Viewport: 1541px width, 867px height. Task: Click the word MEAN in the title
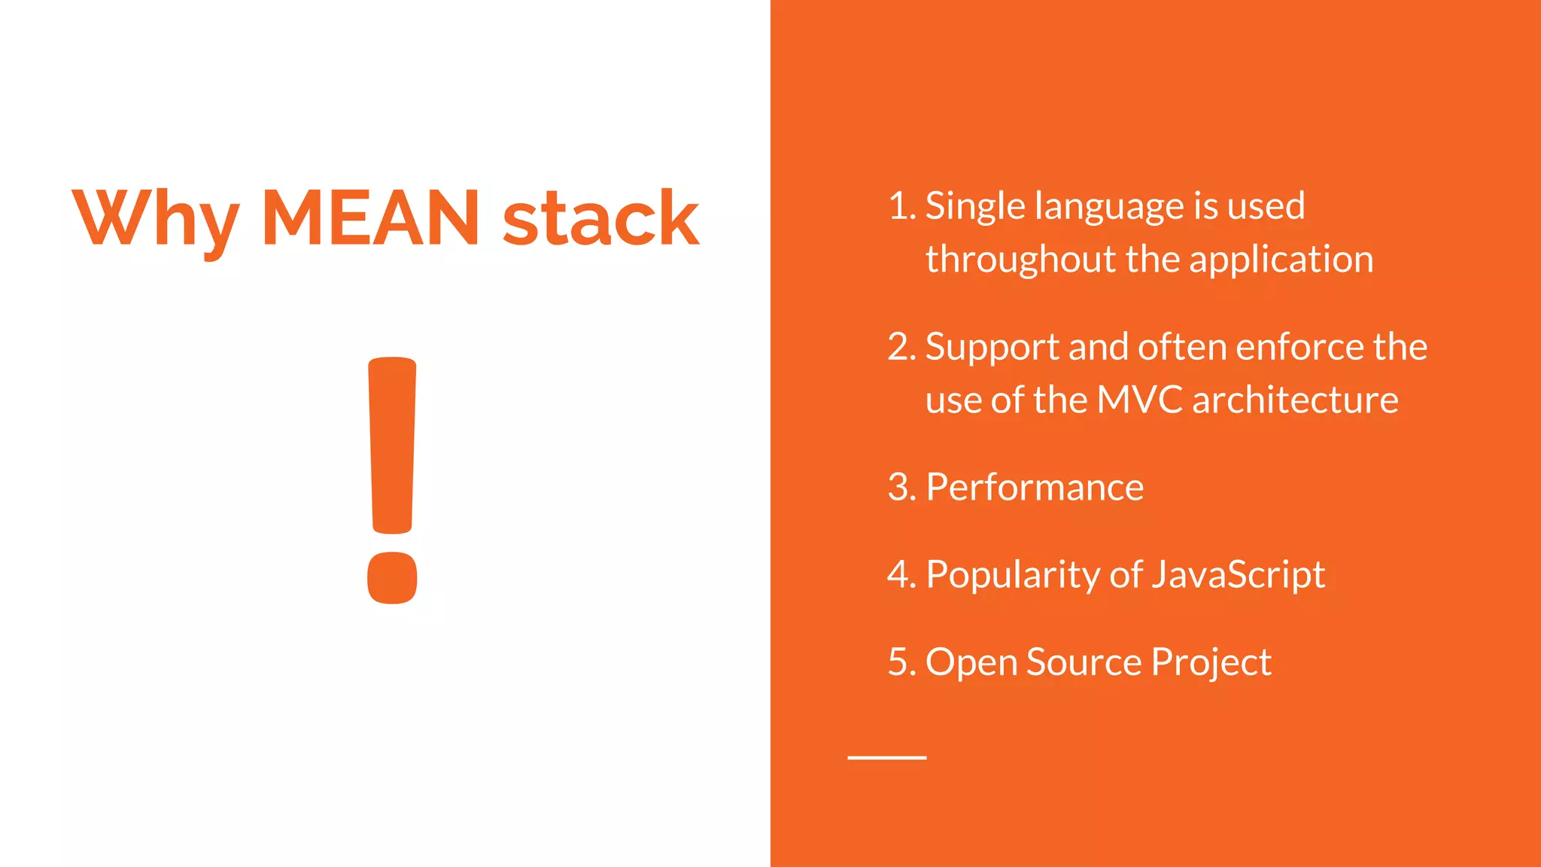click(x=370, y=218)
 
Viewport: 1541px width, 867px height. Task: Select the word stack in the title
click(x=600, y=218)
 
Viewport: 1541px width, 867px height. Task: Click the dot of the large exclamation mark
click(x=392, y=577)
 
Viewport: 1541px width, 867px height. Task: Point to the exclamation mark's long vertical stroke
click(x=392, y=444)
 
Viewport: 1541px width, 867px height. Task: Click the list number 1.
click(x=900, y=205)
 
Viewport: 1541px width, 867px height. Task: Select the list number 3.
click(x=900, y=487)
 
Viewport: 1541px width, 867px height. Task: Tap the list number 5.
click(x=900, y=662)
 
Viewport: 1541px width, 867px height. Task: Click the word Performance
click(x=1035, y=487)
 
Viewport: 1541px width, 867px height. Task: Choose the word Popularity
click(x=1014, y=575)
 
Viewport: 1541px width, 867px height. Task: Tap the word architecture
click(x=1295, y=400)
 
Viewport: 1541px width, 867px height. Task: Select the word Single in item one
click(x=975, y=206)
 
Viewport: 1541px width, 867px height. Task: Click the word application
click(x=1281, y=260)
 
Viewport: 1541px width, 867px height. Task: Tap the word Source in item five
click(x=1084, y=662)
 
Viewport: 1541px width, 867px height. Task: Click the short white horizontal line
click(x=886, y=757)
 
